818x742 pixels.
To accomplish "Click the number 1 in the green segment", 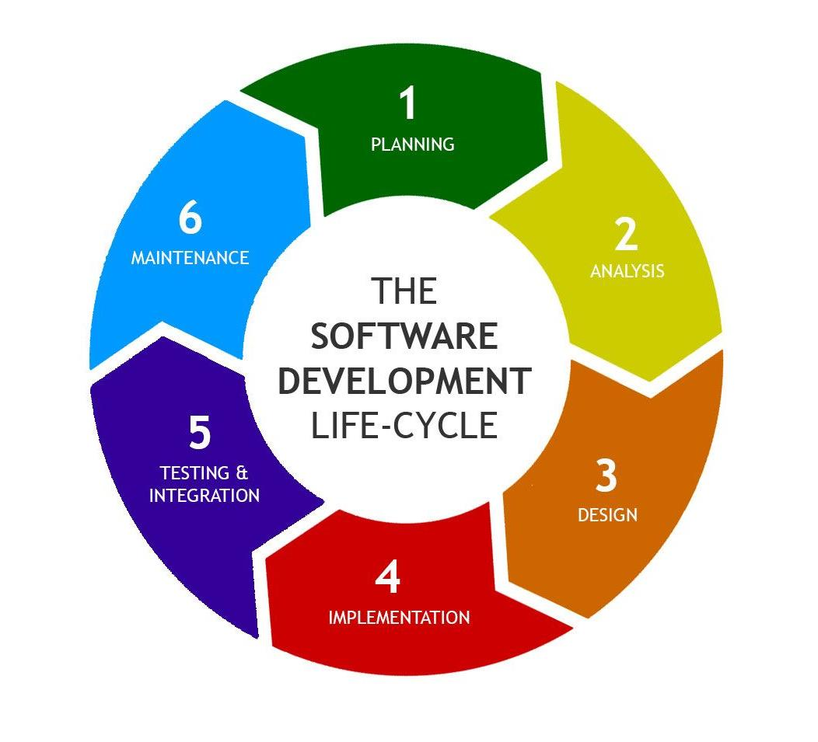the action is click(x=407, y=104).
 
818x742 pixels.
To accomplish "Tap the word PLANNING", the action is click(x=412, y=145).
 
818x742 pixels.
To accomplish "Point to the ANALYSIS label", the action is click(x=627, y=271).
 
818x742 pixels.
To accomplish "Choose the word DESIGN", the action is click(x=607, y=514).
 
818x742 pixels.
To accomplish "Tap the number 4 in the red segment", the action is click(x=386, y=578).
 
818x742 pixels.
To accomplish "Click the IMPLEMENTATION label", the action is click(x=399, y=618).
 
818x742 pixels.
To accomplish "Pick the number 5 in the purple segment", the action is click(x=200, y=433).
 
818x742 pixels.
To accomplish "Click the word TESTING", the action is click(x=194, y=472).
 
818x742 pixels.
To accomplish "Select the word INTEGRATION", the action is click(x=204, y=496).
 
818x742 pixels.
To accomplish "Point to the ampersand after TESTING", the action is click(x=243, y=472).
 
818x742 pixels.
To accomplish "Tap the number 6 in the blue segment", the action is click(x=191, y=218).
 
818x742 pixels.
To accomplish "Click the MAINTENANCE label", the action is click(x=190, y=258).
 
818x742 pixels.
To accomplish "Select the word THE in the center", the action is click(x=404, y=292).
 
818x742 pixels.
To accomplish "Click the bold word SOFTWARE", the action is click(x=404, y=337).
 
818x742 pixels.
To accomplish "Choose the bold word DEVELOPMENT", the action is click(x=404, y=381).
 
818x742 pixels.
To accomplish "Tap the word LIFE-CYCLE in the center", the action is click(x=404, y=426).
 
